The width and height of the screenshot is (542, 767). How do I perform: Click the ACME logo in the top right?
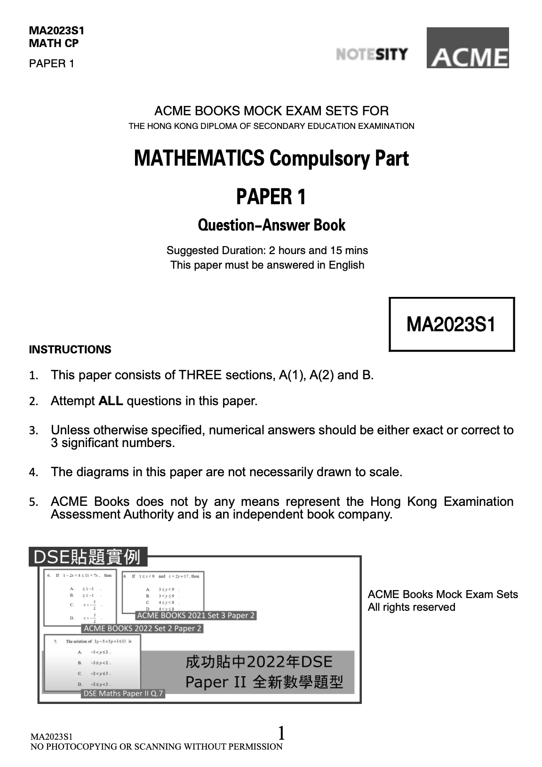coord(467,48)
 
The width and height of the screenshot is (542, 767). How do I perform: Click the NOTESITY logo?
coord(372,54)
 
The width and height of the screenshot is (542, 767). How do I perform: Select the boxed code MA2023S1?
coord(451,324)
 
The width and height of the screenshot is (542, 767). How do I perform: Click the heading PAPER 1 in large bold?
coord(271,196)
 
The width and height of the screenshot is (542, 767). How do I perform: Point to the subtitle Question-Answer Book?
coord(271,225)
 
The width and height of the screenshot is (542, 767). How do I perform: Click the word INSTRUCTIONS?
coord(70,350)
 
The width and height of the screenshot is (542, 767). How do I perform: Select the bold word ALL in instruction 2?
coord(111,401)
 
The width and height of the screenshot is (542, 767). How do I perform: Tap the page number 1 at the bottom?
coord(281,733)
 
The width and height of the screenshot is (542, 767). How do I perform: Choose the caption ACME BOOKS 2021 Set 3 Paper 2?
coord(196,615)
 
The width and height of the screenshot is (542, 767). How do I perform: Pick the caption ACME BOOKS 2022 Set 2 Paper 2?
coord(142,628)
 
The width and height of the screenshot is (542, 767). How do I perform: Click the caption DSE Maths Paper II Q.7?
coord(123,693)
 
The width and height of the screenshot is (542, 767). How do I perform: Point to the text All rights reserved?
coord(411,607)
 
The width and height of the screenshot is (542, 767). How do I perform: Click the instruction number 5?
coord(32,502)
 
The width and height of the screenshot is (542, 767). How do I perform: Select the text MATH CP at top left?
coord(54,43)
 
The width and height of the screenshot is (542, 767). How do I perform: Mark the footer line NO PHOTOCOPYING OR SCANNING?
coord(156,746)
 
